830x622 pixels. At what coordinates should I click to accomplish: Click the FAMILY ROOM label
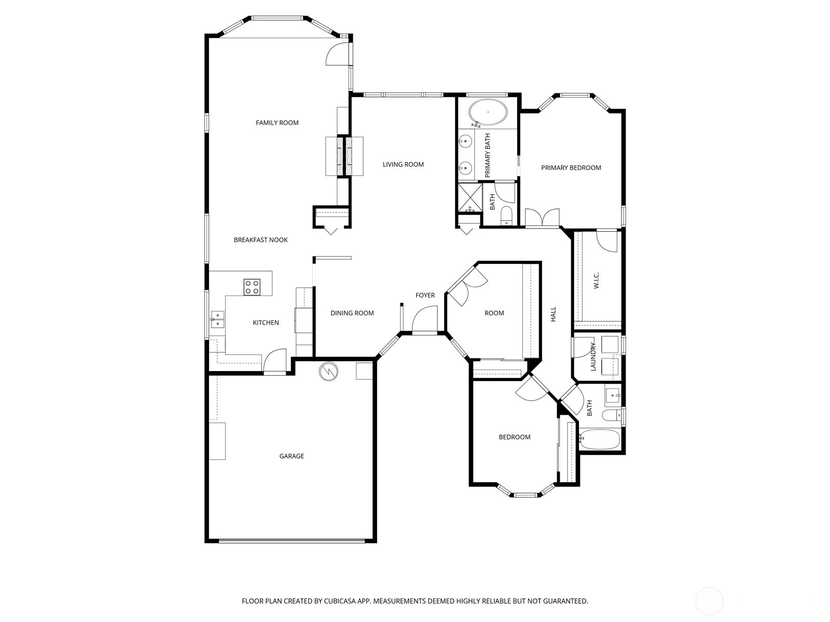click(x=277, y=123)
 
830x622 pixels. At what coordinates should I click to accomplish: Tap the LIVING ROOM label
click(x=403, y=164)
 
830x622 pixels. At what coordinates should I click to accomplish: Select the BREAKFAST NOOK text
click(x=260, y=240)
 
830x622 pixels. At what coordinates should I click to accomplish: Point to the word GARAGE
click(x=292, y=456)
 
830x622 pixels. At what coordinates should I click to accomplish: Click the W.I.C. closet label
click(x=597, y=280)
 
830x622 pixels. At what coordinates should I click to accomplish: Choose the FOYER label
click(x=425, y=295)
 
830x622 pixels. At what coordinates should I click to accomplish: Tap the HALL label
click(x=553, y=314)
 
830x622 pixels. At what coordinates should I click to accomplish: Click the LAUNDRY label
click(x=593, y=357)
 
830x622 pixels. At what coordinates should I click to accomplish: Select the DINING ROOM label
click(x=352, y=313)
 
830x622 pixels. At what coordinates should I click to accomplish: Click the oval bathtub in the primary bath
click(x=488, y=112)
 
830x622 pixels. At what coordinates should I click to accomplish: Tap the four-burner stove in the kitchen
click(x=252, y=287)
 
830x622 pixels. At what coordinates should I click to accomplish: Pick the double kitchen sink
click(x=217, y=319)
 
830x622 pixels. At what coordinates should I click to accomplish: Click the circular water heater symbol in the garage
click(x=328, y=372)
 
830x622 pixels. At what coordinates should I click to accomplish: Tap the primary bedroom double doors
click(x=542, y=218)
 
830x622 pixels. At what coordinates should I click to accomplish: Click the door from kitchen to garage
click(x=275, y=361)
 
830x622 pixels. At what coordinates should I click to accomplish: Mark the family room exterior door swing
click(x=338, y=54)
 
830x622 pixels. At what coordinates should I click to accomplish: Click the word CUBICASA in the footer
click(x=340, y=601)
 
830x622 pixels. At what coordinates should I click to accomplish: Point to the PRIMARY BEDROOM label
click(x=571, y=167)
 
